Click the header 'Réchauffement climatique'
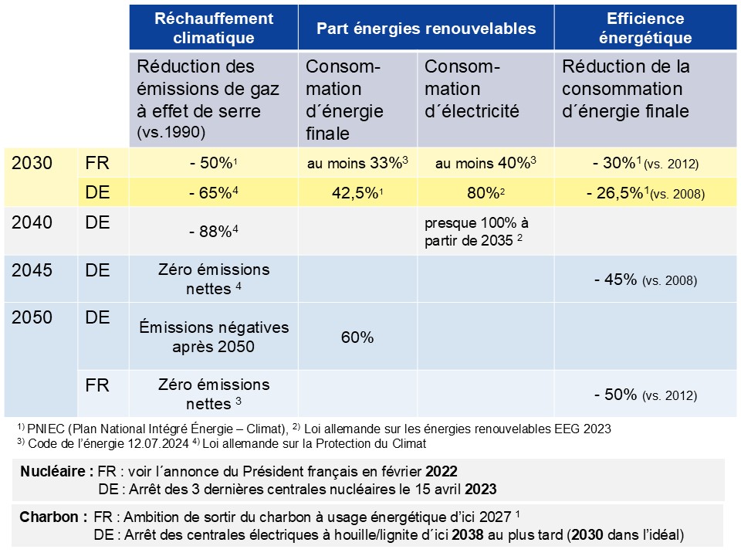(214, 28)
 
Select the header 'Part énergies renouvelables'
(426, 28)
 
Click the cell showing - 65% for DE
(214, 193)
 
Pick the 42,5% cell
(358, 193)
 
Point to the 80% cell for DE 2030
(486, 193)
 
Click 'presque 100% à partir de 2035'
(476, 231)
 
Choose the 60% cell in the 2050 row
(358, 337)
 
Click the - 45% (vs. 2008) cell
(645, 280)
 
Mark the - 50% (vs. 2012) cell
(645, 395)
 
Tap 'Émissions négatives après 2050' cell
(214, 337)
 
